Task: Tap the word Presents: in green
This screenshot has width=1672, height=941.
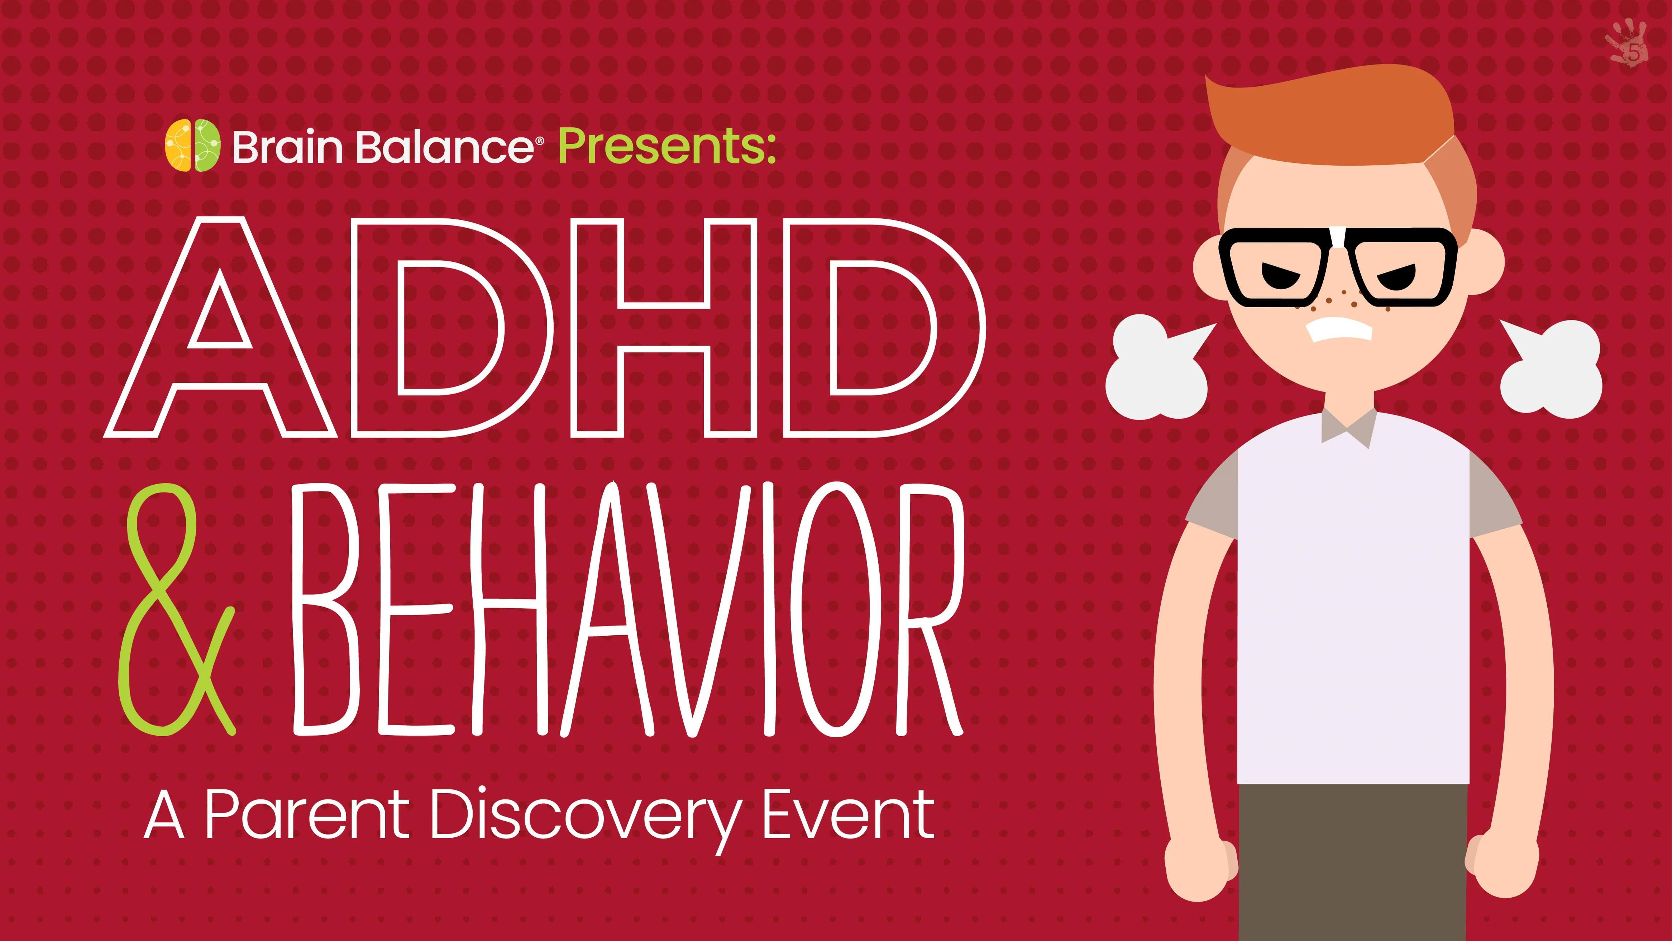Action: pos(667,146)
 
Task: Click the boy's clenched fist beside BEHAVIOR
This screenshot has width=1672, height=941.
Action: pos(1199,867)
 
